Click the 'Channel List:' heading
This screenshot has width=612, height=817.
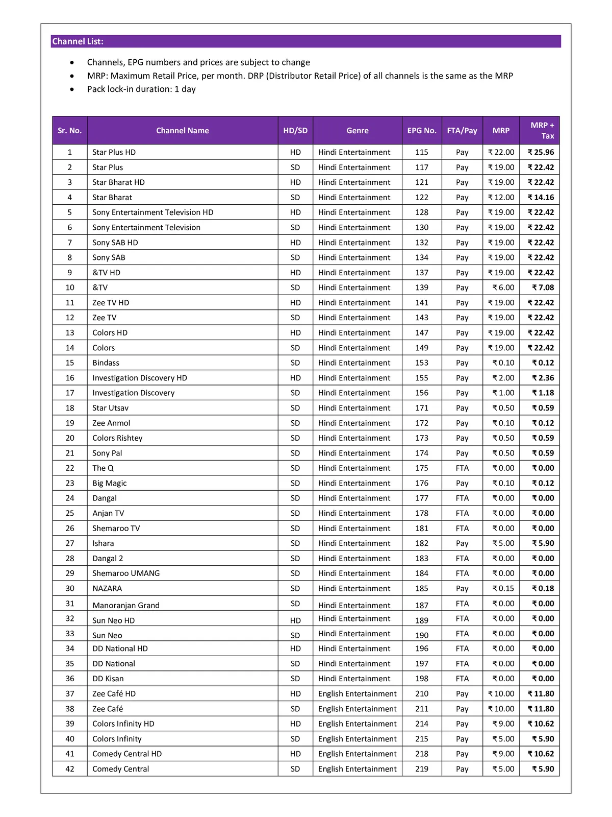(x=78, y=41)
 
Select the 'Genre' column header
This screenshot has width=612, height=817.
(x=357, y=131)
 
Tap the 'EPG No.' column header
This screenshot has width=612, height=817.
(x=422, y=131)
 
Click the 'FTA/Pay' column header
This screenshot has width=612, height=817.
(x=462, y=131)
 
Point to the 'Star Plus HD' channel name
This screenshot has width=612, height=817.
(x=114, y=152)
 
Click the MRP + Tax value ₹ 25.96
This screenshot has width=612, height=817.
(x=541, y=152)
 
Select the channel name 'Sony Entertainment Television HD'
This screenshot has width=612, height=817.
(x=152, y=212)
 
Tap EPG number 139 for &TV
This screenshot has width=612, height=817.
(x=422, y=287)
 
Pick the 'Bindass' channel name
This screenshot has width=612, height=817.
(x=106, y=363)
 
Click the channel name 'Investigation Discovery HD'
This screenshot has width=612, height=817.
(x=139, y=378)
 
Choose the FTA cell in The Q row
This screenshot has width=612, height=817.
(x=462, y=468)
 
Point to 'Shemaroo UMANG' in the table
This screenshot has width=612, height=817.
(x=125, y=573)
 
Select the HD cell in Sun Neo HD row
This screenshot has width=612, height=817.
(x=295, y=620)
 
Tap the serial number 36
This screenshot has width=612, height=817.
(x=70, y=679)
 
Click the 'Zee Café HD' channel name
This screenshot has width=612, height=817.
(x=114, y=693)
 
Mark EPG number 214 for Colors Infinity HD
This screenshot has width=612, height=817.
(x=422, y=724)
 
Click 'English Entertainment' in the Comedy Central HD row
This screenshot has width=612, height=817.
(x=357, y=754)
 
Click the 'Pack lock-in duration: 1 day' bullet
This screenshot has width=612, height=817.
(x=141, y=89)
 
